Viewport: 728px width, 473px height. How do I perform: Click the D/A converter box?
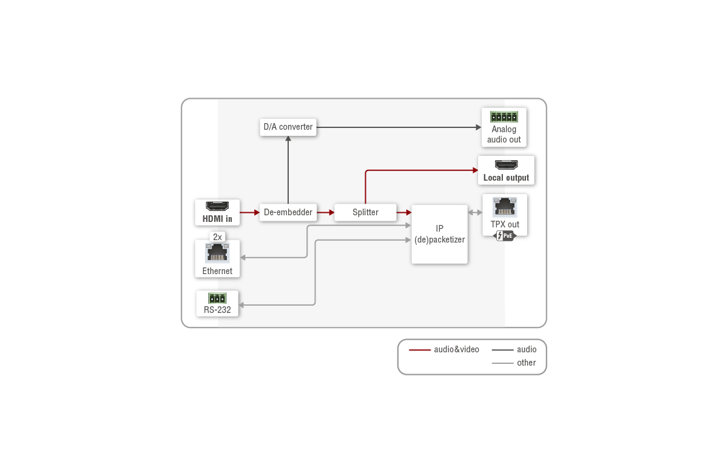click(288, 127)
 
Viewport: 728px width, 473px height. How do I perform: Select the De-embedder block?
click(288, 212)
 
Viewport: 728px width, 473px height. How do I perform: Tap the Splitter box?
click(365, 212)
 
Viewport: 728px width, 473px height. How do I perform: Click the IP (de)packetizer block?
click(439, 234)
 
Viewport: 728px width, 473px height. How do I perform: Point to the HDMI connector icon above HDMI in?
click(217, 206)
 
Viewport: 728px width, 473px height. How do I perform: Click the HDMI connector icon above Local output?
click(506, 164)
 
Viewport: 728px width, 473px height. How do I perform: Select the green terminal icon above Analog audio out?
click(504, 116)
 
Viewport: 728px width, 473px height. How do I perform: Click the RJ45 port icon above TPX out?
click(505, 207)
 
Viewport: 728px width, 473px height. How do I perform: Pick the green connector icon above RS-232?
click(217, 298)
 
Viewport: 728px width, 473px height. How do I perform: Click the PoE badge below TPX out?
click(505, 236)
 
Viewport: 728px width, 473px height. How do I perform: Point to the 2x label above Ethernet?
click(217, 237)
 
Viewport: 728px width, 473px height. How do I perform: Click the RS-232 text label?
click(217, 310)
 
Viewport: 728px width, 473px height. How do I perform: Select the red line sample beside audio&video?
click(420, 350)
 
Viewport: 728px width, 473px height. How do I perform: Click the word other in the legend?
click(526, 363)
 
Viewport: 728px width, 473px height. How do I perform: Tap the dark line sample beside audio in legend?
click(502, 350)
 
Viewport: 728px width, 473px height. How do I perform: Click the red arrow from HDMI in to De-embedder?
click(249, 212)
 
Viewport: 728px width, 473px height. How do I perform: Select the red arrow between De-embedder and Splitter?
click(326, 212)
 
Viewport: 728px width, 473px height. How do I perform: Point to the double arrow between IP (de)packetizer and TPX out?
click(475, 212)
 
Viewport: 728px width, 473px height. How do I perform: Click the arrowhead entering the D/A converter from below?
click(288, 139)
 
